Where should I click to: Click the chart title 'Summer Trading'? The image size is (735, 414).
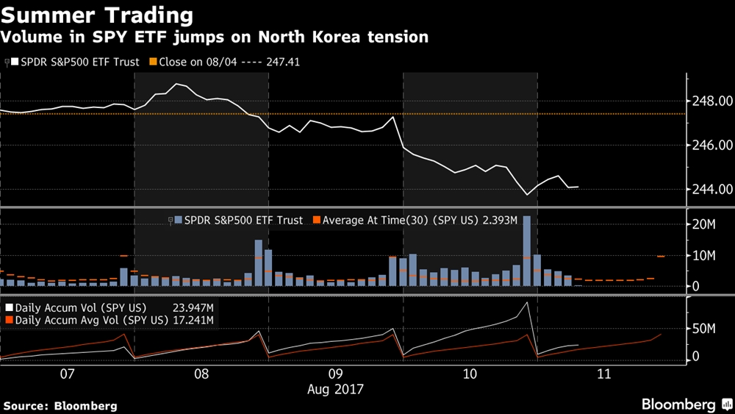pyautogui.click(x=98, y=15)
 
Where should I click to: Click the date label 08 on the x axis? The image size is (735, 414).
pyautogui.click(x=201, y=374)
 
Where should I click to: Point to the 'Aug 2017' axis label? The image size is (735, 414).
pyautogui.click(x=336, y=388)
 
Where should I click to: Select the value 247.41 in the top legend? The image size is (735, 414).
pyautogui.click(x=285, y=63)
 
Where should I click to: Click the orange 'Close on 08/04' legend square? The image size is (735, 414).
pyautogui.click(x=154, y=63)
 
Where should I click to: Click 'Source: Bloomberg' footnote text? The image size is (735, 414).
pyautogui.click(x=60, y=405)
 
